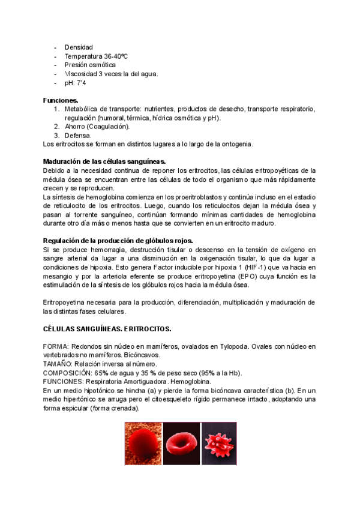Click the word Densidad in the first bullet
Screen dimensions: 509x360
pos(79,47)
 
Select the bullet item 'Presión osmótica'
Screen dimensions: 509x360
pos(91,65)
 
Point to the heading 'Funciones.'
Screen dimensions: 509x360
pos(61,100)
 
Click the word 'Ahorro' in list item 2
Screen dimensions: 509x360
pos(75,127)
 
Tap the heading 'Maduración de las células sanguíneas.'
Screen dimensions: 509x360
pos(104,161)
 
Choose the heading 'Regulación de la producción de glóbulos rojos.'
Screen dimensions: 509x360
pos(118,241)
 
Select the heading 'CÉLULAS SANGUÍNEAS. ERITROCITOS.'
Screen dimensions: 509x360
pos(107,329)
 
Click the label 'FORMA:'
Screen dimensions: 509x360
pos(56,347)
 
